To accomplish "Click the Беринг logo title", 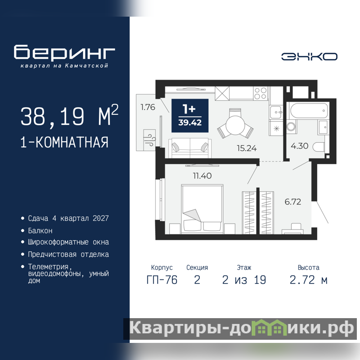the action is tap(64, 52).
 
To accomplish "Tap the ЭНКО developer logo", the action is tap(309, 57).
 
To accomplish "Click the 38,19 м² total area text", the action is tap(69, 116).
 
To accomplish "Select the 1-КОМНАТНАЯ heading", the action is tap(64, 142).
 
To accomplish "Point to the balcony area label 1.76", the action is tap(148, 107).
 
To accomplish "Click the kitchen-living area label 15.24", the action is tap(247, 148).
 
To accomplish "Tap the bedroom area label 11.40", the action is tap(202, 175).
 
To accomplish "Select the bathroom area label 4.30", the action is tap(299, 146).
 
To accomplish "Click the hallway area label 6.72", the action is tap(293, 202).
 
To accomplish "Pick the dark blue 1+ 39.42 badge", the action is tap(190, 116).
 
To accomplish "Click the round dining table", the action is tap(235, 126).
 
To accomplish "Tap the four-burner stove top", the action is tap(261, 93).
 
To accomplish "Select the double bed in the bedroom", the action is tap(202, 209).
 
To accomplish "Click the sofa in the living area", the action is tap(190, 148).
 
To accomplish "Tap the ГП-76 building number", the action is tap(162, 280).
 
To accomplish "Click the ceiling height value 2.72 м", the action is tap(308, 280).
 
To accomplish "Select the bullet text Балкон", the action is tap(40, 230).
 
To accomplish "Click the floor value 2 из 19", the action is tap(244, 280).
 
